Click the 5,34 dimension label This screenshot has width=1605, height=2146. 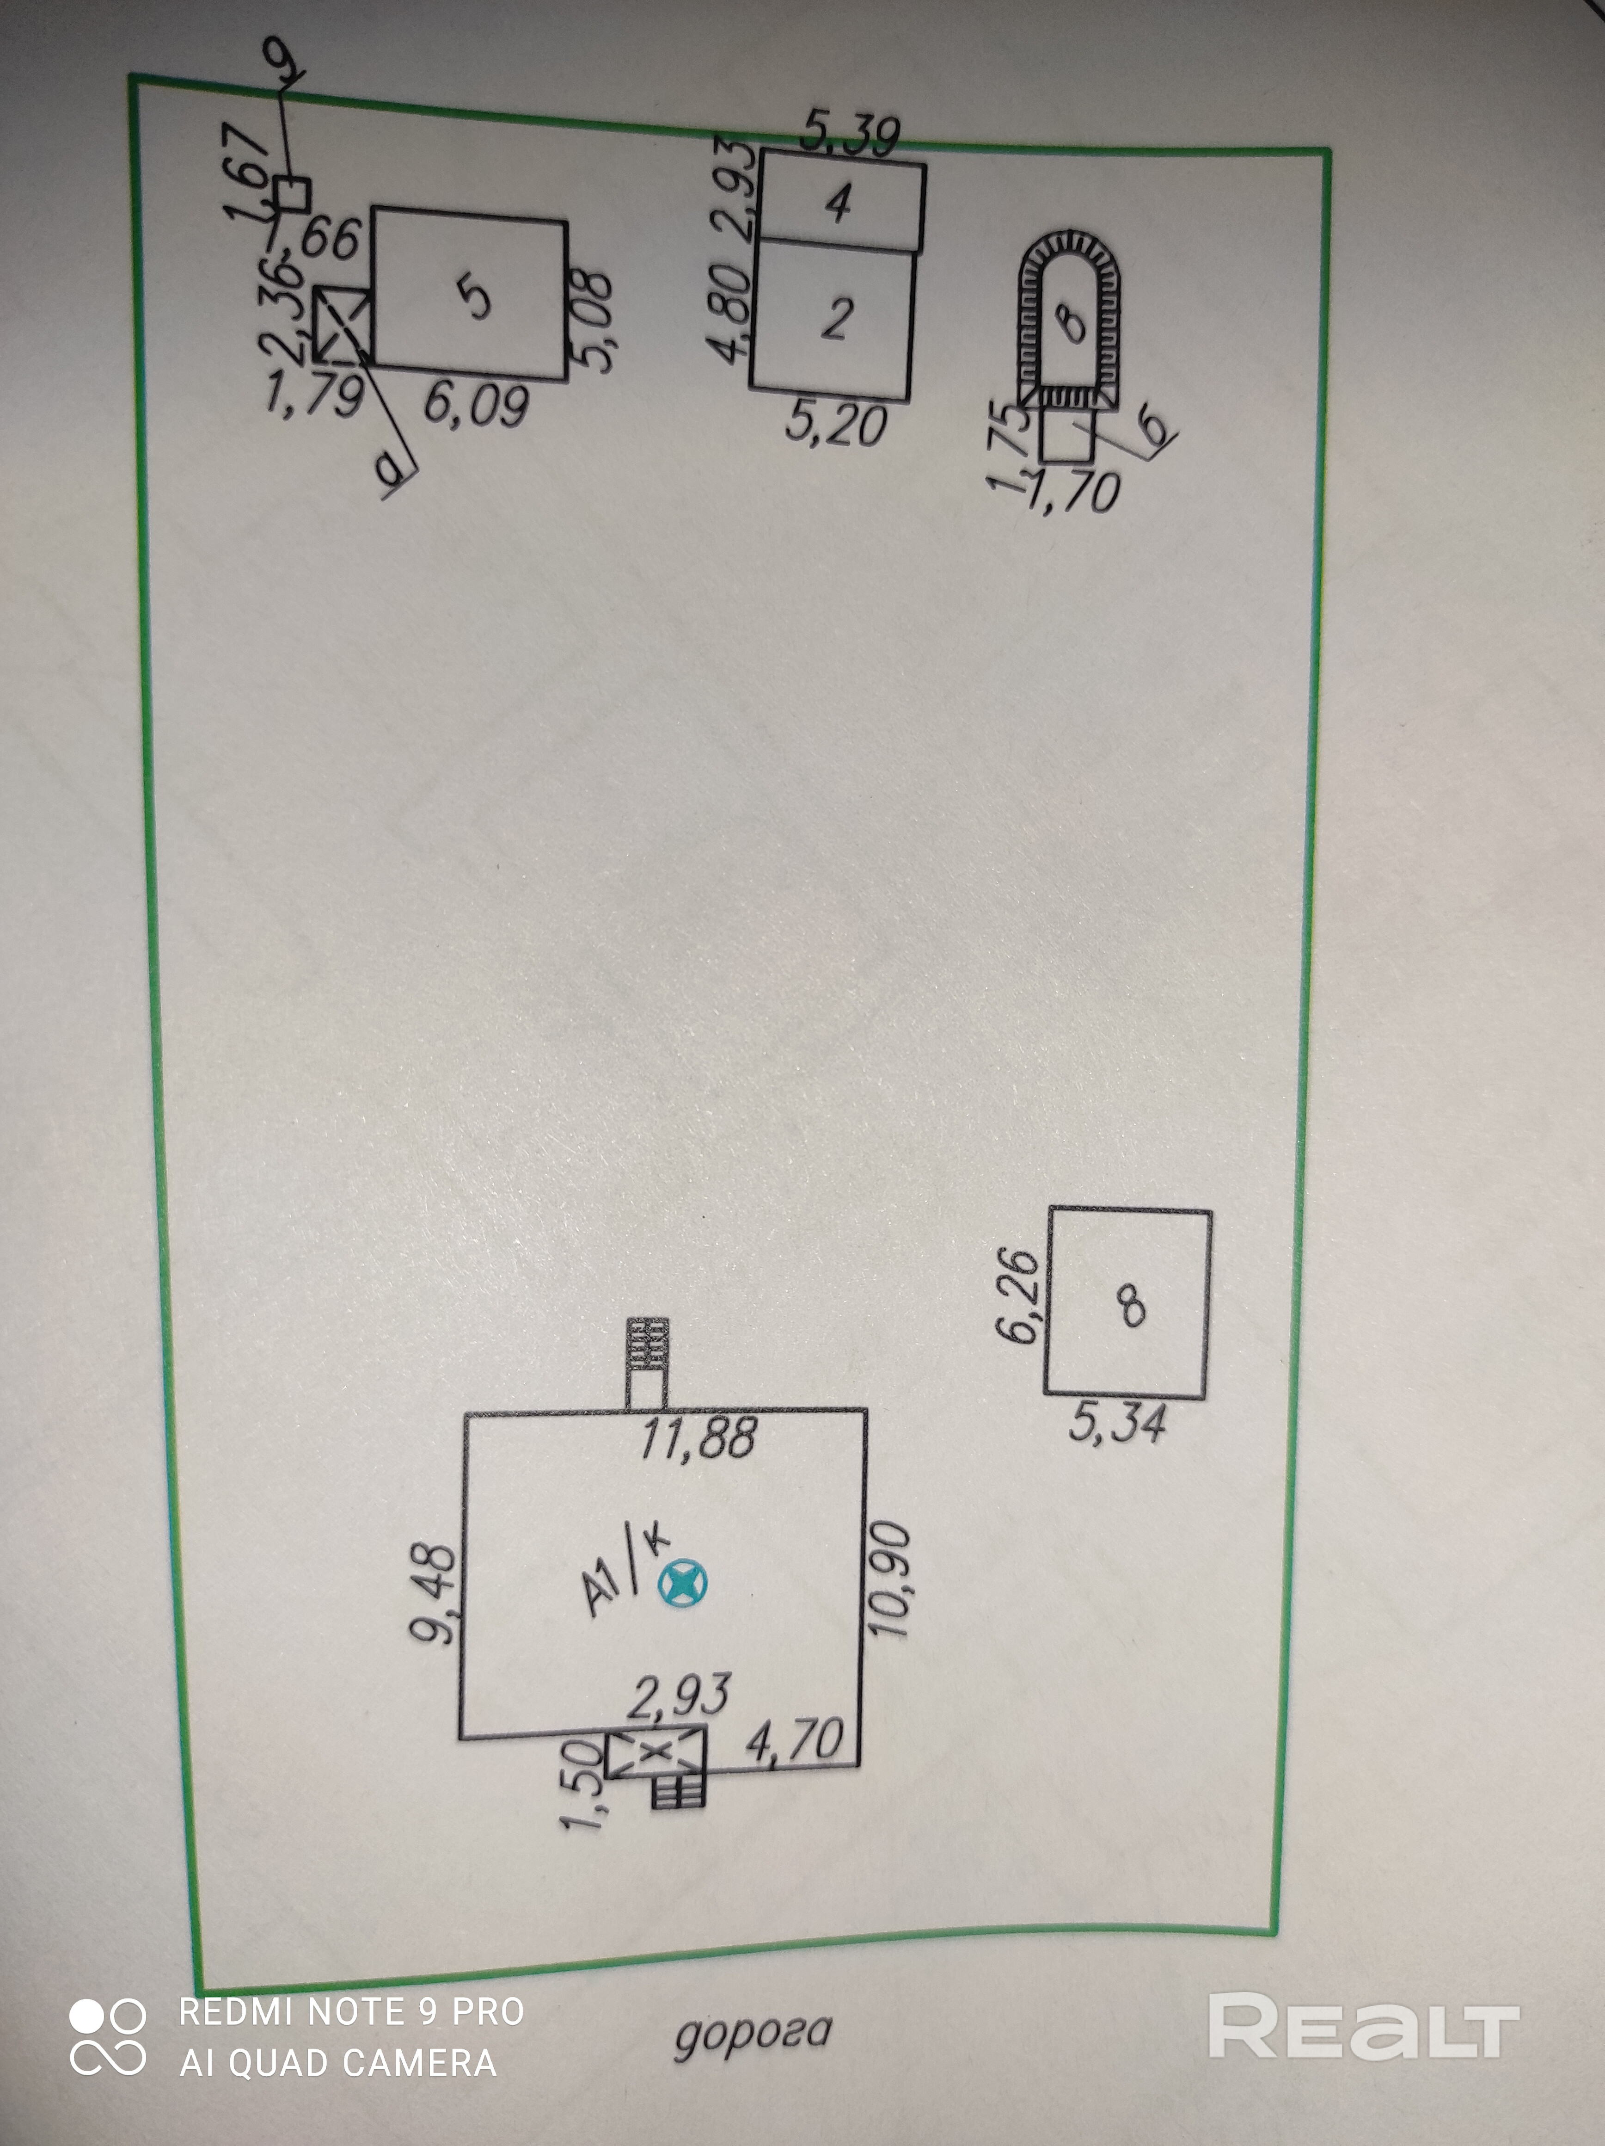click(x=1117, y=1423)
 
